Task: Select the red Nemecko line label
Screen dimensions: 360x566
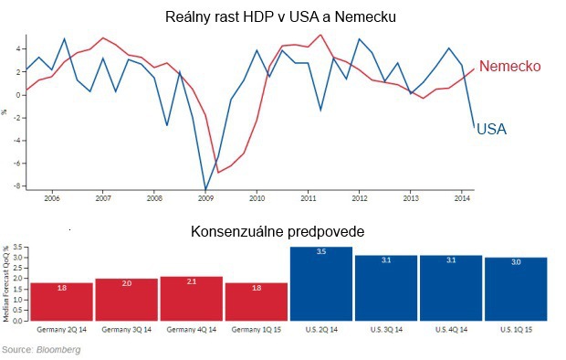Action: (x=510, y=67)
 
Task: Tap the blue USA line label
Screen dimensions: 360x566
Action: (x=491, y=130)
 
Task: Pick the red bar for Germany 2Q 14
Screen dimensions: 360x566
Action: (x=61, y=301)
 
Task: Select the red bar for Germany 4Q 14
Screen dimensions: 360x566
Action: (x=191, y=298)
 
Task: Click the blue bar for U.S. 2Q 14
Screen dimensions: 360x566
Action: (x=321, y=283)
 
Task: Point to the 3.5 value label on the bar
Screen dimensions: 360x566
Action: (x=321, y=251)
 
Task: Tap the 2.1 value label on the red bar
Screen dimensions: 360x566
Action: (x=191, y=282)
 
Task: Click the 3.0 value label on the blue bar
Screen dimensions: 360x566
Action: (x=516, y=261)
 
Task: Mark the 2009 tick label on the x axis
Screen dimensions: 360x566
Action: (x=205, y=196)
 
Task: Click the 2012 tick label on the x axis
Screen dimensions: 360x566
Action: (x=359, y=196)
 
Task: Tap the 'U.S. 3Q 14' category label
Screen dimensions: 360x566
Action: (x=386, y=327)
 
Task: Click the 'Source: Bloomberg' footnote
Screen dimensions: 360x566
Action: (x=41, y=350)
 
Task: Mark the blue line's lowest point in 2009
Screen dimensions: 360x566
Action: (x=206, y=189)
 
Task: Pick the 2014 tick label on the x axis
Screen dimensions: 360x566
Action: (x=462, y=196)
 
